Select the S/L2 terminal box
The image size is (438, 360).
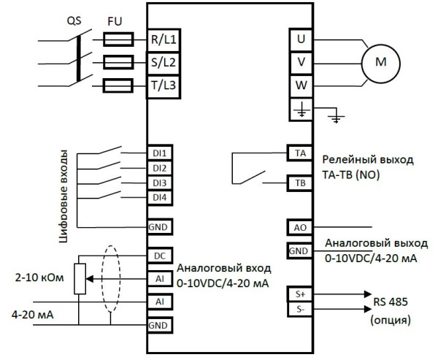click(x=163, y=63)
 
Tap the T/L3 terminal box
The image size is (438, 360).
click(x=163, y=86)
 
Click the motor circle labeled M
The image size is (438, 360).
click(x=380, y=63)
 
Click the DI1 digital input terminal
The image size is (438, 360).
click(x=159, y=154)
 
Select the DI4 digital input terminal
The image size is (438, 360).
click(x=159, y=197)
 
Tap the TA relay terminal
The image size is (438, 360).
click(x=300, y=153)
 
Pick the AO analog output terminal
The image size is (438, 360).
click(x=300, y=227)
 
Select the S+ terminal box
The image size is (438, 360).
click(x=300, y=293)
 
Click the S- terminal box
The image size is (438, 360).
click(x=300, y=310)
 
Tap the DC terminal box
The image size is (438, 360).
click(x=159, y=256)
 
